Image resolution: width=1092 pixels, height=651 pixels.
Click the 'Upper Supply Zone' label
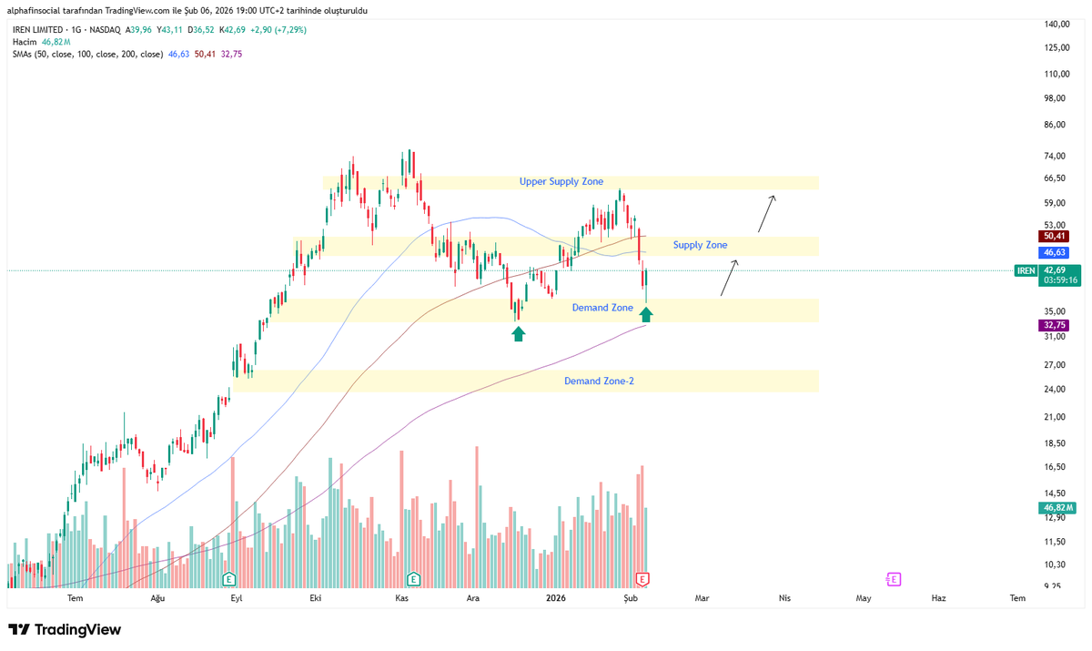point(561,182)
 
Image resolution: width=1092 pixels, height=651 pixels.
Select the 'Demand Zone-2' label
point(599,381)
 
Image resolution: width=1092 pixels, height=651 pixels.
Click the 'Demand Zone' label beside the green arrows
point(602,308)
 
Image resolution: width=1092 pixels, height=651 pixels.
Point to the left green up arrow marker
point(518,334)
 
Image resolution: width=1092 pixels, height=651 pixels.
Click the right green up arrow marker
point(645,315)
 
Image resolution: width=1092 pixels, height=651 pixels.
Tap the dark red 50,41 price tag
point(1056,236)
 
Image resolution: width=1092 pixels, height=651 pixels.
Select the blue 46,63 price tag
point(1056,251)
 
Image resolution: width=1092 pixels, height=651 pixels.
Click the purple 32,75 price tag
point(1056,325)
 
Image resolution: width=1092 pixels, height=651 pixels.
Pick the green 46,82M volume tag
point(1059,507)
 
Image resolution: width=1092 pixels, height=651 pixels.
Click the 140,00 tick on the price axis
point(1056,24)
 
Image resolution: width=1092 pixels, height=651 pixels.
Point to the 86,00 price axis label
point(1055,125)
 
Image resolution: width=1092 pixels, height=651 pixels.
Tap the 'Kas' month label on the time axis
point(401,598)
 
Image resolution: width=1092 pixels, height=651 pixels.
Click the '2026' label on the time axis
point(555,598)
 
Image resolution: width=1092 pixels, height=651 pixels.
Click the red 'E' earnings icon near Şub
point(642,578)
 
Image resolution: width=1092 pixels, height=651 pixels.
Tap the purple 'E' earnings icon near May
point(894,578)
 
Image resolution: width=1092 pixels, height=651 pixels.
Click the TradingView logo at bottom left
point(65,630)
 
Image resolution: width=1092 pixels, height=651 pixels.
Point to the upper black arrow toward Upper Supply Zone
point(768,212)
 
